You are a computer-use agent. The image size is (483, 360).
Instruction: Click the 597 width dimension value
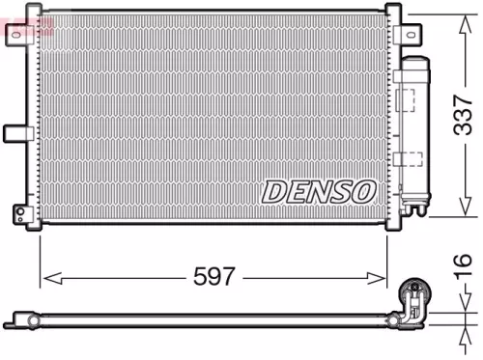click(x=214, y=277)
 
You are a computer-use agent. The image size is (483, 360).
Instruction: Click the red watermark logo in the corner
click(x=27, y=25)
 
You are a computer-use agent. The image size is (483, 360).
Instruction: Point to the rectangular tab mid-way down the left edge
click(x=14, y=133)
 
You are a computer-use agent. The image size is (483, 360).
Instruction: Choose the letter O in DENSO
click(x=363, y=191)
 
